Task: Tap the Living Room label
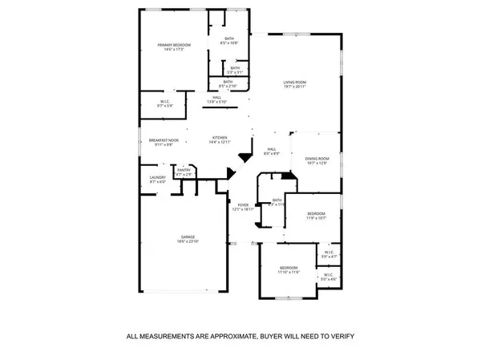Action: click(295, 82)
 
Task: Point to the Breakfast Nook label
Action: click(163, 140)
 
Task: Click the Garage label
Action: click(187, 237)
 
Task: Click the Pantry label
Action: click(184, 170)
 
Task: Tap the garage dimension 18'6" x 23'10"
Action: click(187, 241)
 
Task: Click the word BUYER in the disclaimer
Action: click(272, 336)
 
